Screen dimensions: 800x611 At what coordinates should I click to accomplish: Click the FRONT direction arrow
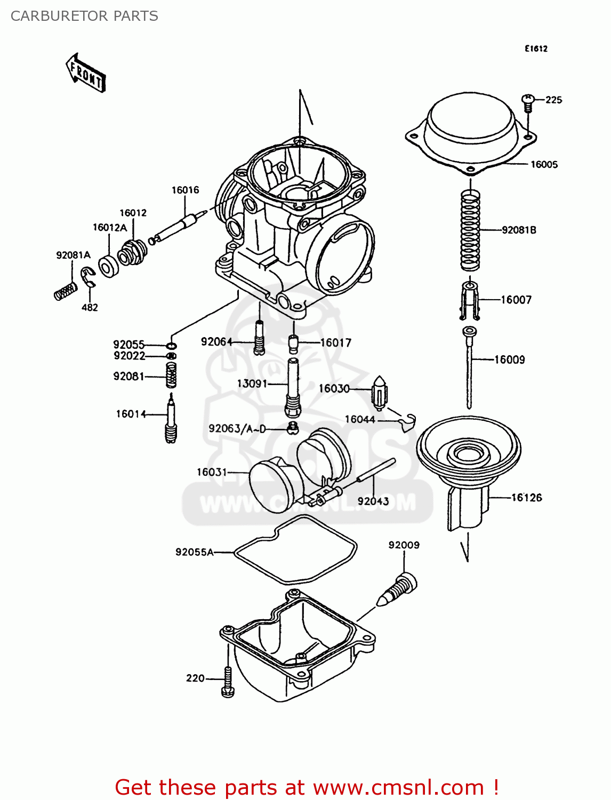[x=85, y=73]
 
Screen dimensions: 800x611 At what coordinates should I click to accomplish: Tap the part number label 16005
[x=544, y=164]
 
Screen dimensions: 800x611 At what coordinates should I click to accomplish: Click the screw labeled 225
[x=528, y=102]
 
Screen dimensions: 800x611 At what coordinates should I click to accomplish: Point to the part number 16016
[x=185, y=190]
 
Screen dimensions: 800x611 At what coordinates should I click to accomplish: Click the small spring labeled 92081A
[x=66, y=291]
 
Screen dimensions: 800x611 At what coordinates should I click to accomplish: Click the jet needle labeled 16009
[x=469, y=368]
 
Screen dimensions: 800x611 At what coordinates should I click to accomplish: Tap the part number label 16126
[x=526, y=498]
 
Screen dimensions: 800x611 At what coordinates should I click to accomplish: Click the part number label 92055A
[x=194, y=552]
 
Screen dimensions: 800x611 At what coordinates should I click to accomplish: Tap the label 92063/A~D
[x=237, y=429]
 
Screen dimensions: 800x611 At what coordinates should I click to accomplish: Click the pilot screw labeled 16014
[x=171, y=419]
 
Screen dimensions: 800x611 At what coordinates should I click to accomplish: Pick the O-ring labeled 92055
[x=172, y=346]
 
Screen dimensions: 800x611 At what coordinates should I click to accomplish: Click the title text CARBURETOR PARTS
[x=84, y=16]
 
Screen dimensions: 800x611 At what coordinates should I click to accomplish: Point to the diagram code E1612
[x=536, y=49]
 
